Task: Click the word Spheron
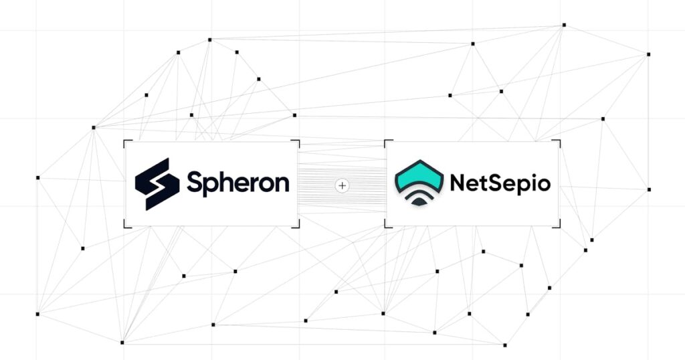pos(238,183)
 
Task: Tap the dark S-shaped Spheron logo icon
pos(157,184)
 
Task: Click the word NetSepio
pos(500,183)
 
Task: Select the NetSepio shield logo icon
pos(419,183)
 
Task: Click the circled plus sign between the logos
pos(342,185)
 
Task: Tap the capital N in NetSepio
pos(458,183)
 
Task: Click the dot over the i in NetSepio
pos(528,175)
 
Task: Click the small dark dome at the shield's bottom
pos(419,201)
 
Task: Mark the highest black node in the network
pos(564,25)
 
